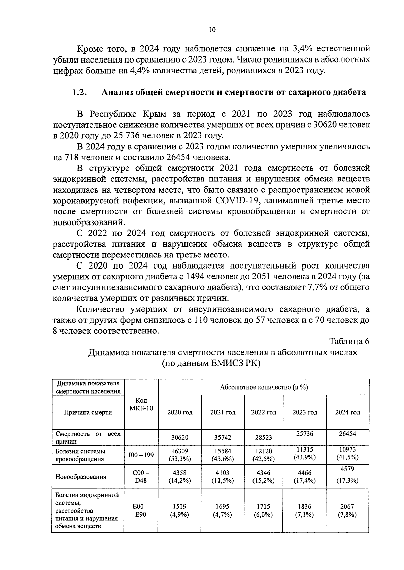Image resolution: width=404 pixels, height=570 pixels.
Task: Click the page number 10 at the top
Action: click(x=212, y=30)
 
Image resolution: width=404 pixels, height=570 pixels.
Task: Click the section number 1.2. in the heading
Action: click(x=79, y=92)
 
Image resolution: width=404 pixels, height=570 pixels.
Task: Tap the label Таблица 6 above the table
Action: click(x=349, y=341)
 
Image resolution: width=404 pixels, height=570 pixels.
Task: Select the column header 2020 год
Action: click(x=180, y=412)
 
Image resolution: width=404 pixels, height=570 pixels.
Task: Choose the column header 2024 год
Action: click(x=347, y=412)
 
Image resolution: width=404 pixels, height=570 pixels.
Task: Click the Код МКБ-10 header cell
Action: click(x=141, y=404)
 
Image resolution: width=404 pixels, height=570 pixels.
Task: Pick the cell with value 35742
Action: click(x=223, y=438)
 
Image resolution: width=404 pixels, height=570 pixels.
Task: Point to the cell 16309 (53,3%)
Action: click(x=180, y=455)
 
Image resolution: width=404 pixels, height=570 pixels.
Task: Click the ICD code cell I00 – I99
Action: click(x=141, y=455)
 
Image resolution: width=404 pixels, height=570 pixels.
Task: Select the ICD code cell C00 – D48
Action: click(x=141, y=477)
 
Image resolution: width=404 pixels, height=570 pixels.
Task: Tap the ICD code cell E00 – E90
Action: click(x=141, y=511)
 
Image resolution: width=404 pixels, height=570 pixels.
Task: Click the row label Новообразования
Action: click(x=81, y=477)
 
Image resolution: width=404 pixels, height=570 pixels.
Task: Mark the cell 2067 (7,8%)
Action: click(x=347, y=511)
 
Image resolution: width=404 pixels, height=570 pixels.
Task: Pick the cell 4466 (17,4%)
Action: click(x=305, y=477)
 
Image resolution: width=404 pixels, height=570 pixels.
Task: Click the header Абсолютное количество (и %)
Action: click(x=264, y=387)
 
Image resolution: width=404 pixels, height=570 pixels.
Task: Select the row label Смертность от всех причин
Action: click(x=88, y=438)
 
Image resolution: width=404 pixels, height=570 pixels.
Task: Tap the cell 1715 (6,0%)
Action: click(x=263, y=511)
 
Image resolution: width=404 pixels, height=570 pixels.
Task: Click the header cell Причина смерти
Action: click(x=88, y=412)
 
